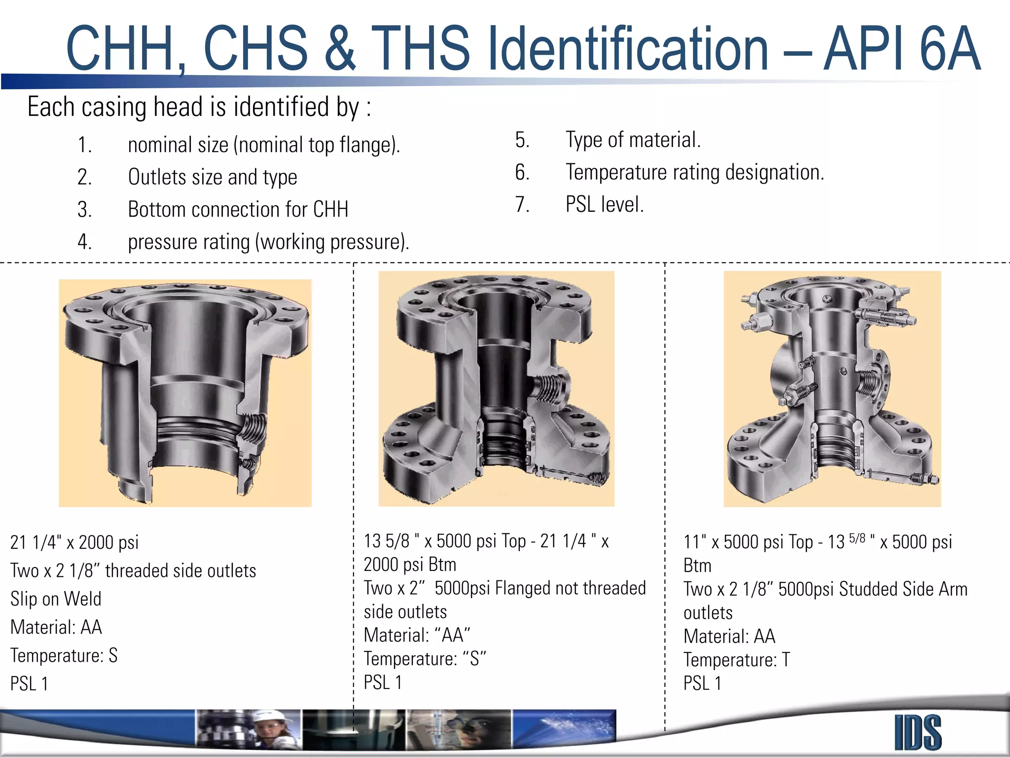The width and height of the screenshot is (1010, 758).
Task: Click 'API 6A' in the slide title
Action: click(x=902, y=48)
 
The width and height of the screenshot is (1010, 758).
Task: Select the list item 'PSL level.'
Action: click(x=604, y=204)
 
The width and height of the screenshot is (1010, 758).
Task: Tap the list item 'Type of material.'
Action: click(x=633, y=140)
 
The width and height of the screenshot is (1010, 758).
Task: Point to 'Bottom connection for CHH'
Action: click(x=238, y=209)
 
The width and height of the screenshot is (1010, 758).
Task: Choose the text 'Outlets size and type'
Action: click(x=212, y=177)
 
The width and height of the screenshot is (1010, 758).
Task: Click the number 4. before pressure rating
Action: click(x=84, y=242)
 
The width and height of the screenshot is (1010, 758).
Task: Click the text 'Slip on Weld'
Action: click(x=56, y=599)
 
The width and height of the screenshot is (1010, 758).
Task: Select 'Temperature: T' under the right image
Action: click(x=736, y=660)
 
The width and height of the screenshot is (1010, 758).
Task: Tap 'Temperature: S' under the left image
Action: click(x=64, y=655)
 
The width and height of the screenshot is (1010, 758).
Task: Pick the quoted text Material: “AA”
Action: click(x=417, y=635)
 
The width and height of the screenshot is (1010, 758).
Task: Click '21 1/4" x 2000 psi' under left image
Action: click(x=74, y=542)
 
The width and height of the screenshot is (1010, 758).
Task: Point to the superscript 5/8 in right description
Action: click(x=857, y=538)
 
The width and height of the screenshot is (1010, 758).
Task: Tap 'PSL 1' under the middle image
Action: click(x=383, y=682)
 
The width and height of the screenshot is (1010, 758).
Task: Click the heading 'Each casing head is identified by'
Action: click(x=199, y=107)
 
